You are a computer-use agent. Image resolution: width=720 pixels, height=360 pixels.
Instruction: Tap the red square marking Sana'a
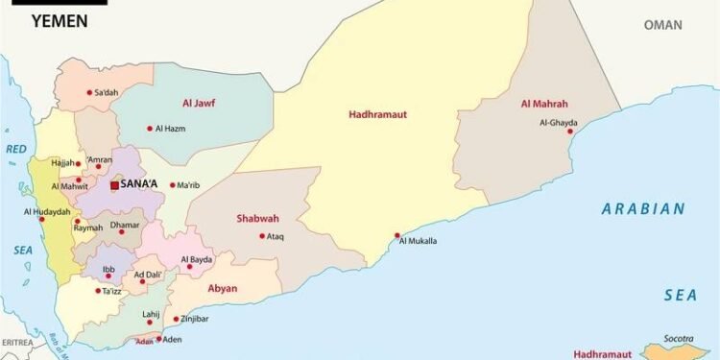coord(114,185)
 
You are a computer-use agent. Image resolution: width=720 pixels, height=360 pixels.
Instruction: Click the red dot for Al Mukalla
coord(397,235)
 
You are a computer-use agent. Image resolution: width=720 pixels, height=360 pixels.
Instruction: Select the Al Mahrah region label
coord(544,104)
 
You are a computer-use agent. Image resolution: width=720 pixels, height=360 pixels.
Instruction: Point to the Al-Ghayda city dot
coord(571,132)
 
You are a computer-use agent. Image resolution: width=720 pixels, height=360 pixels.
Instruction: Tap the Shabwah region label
coord(257,218)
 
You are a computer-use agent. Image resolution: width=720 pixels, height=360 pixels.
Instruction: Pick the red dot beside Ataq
coord(262,236)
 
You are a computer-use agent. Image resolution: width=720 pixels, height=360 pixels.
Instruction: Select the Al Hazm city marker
coord(150,128)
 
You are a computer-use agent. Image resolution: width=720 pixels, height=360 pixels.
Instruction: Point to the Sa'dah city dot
coord(89,93)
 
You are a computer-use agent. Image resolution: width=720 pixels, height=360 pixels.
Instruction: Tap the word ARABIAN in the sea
coord(643,208)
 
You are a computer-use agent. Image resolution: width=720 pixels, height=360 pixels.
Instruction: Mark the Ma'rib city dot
coord(172,185)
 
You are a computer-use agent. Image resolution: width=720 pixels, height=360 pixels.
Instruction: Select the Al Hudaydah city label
coord(47,211)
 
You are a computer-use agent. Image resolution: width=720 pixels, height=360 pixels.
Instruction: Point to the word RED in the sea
coord(17,150)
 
